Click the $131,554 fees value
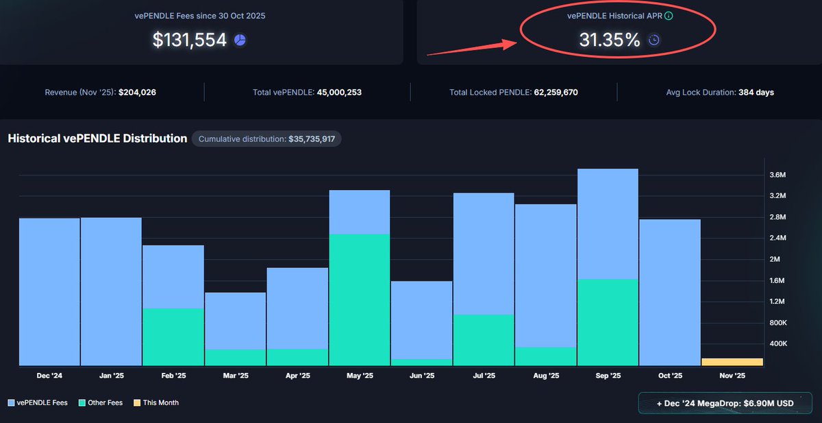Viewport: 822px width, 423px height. point(189,40)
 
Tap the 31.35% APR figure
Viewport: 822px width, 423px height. point(610,40)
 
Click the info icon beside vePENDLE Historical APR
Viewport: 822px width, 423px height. point(669,15)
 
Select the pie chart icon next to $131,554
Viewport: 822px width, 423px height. point(240,40)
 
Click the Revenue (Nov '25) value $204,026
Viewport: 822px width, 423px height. point(137,92)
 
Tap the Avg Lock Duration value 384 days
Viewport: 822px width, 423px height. point(756,92)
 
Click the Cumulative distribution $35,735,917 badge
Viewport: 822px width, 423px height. point(266,139)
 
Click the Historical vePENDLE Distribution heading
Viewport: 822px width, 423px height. point(97,138)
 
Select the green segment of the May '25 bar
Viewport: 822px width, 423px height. point(360,300)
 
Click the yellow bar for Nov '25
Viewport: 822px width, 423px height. point(732,362)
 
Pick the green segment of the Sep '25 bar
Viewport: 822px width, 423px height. point(608,322)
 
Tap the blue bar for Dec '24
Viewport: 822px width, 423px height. point(49,291)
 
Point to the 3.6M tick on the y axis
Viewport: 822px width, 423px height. point(777,176)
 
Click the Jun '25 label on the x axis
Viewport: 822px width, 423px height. point(421,376)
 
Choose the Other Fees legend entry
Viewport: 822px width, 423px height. point(101,403)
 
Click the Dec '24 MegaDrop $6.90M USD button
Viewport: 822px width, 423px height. point(724,403)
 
